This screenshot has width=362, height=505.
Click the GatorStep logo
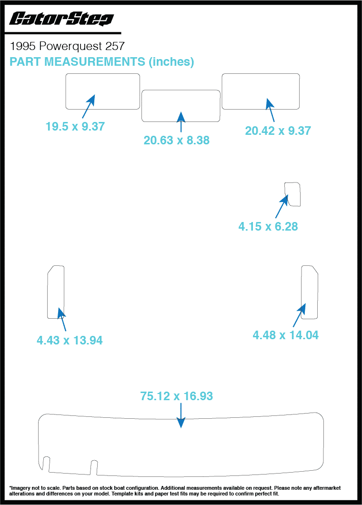(61, 19)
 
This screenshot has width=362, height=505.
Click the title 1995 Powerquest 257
(67, 46)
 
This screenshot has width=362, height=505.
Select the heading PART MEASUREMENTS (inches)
(102, 61)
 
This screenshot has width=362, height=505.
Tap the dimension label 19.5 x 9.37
(75, 126)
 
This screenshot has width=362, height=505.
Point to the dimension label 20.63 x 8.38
(177, 140)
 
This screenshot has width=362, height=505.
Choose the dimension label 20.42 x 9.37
(278, 131)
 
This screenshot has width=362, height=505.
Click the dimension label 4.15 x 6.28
(268, 226)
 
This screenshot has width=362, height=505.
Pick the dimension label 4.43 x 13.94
(70, 340)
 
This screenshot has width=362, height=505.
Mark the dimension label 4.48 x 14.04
(286, 335)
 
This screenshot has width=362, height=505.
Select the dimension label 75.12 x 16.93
(177, 396)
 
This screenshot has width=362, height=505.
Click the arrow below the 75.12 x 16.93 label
(181, 415)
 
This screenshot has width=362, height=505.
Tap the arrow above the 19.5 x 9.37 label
(89, 106)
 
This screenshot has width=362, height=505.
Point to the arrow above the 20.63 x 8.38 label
(181, 122)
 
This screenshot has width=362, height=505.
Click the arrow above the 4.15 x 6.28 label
(282, 206)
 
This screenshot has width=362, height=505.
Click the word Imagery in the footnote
(20, 488)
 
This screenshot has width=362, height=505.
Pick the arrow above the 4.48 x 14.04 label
(299, 315)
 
